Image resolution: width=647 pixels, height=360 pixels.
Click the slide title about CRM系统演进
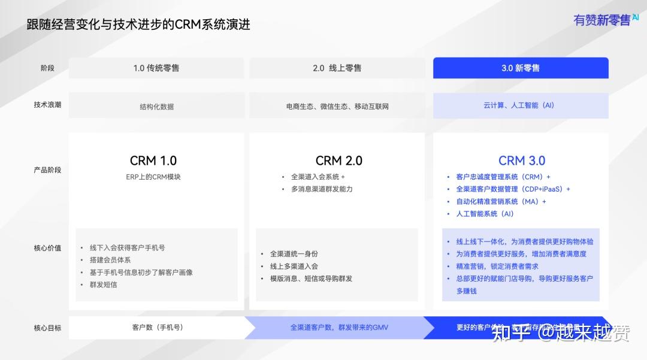click(138, 25)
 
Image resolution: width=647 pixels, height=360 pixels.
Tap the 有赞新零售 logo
click(606, 20)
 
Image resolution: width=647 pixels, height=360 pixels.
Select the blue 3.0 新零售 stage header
click(521, 68)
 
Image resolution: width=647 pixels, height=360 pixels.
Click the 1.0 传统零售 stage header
click(156, 68)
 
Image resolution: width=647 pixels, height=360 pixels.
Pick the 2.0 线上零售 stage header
click(337, 68)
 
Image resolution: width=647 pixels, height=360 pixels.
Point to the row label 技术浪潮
click(47, 105)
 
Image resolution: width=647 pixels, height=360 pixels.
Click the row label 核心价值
click(47, 248)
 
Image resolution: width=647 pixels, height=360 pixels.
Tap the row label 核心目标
click(47, 328)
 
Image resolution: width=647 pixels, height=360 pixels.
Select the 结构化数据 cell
click(156, 107)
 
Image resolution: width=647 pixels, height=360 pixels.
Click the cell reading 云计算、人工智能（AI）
click(519, 105)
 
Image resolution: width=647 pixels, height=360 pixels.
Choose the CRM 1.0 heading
click(153, 161)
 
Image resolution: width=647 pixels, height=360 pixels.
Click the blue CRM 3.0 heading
click(522, 161)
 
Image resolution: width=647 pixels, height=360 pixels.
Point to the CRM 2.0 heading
click(339, 161)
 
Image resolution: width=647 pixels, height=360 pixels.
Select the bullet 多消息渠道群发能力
click(322, 189)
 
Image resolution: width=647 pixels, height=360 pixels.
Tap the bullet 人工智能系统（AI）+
click(485, 214)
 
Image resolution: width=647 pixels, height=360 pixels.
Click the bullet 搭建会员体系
click(110, 260)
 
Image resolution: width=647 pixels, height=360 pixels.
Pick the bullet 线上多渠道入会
click(294, 266)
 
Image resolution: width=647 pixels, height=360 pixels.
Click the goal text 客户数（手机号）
click(158, 328)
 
